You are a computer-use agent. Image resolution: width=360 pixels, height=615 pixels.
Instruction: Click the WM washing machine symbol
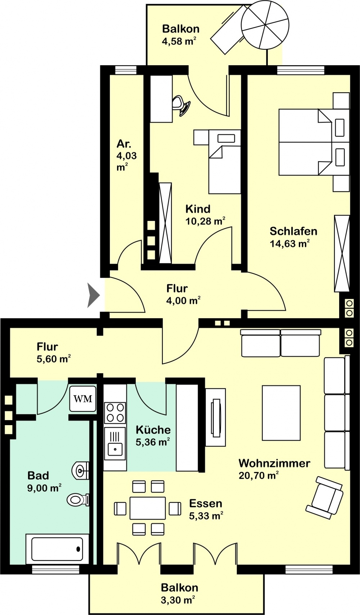83,399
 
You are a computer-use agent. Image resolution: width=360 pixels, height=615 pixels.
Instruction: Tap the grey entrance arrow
93,295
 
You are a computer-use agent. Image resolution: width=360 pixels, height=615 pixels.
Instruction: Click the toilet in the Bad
78,500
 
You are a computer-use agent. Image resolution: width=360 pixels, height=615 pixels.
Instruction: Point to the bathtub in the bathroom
57,549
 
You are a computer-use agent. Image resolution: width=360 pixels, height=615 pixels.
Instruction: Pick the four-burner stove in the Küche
115,413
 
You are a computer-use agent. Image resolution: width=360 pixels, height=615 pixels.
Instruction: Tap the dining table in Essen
148,508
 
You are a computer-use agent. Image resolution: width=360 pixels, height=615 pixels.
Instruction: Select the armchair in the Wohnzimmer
325,497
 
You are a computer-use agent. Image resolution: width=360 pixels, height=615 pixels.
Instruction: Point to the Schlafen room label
293,231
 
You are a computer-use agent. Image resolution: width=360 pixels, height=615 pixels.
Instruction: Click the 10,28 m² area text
206,221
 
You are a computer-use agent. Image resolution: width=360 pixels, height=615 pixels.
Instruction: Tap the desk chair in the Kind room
181,106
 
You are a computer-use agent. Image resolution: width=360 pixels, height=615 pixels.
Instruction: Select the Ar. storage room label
124,144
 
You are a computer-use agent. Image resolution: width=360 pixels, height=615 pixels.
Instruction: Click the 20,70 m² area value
258,475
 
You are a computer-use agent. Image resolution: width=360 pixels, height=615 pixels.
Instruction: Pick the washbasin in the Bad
80,471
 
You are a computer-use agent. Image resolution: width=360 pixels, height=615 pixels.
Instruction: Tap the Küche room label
153,430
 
